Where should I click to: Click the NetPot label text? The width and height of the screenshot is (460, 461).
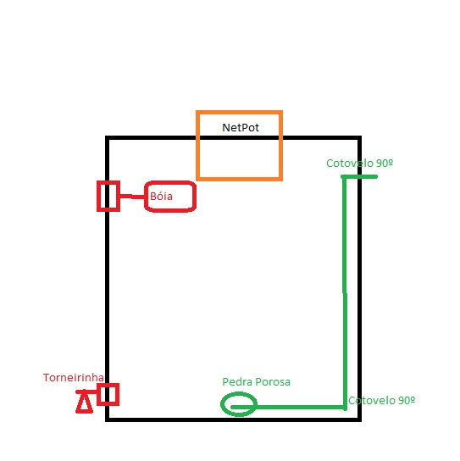(241, 128)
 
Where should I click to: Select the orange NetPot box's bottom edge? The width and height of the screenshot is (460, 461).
(239, 179)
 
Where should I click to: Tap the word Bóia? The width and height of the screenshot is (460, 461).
(161, 196)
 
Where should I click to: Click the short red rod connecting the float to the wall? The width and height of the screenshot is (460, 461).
(132, 197)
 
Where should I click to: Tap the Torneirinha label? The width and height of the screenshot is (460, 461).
(73, 377)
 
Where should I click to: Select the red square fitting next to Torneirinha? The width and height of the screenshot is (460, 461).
(108, 385)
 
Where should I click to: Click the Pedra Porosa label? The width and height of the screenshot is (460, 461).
(256, 382)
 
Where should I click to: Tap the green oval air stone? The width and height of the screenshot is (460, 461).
(222, 404)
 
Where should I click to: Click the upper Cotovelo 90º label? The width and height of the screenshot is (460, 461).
(359, 164)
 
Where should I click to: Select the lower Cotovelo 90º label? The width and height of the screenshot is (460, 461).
(381, 401)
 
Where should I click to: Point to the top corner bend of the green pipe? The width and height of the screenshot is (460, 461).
(344, 177)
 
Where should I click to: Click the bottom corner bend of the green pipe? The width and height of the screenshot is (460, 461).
(345, 408)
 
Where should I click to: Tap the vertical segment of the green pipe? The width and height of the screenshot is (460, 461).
(345, 292)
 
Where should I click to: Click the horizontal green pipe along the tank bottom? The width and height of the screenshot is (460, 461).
(288, 408)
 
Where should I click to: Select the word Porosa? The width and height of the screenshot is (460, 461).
(273, 382)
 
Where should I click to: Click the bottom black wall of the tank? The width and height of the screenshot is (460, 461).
(233, 419)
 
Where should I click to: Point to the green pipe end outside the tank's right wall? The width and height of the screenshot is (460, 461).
(376, 177)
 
